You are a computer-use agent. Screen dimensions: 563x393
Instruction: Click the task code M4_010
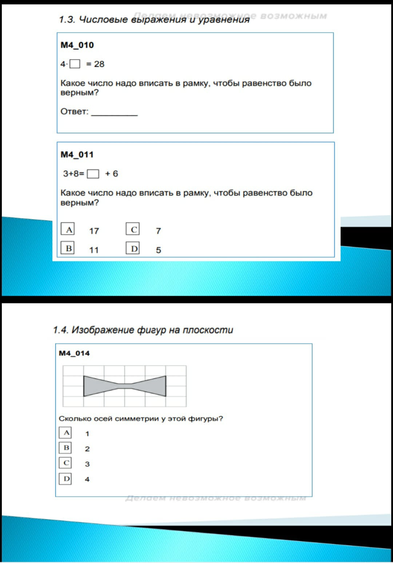77,45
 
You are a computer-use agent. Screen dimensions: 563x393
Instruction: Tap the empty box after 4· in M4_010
75,64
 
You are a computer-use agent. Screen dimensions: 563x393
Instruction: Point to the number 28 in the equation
99,64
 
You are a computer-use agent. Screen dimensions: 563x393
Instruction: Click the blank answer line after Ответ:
114,113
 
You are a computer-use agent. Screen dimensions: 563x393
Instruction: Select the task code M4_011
77,154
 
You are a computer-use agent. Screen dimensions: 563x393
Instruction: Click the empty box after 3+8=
93,174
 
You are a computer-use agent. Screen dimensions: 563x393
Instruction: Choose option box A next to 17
68,229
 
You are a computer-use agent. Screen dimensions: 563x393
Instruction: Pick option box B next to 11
68,248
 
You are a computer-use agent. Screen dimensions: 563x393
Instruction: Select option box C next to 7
133,229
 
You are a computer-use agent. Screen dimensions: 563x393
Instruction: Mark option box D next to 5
133,249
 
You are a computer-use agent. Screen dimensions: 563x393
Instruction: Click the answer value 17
94,231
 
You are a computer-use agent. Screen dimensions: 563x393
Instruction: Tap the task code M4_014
74,353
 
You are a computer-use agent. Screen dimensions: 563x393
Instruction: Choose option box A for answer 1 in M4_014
65,433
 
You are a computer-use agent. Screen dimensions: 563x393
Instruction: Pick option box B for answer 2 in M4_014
65,448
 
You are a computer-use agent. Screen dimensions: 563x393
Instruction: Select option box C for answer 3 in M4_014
65,463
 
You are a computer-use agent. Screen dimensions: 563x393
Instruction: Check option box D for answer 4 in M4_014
65,479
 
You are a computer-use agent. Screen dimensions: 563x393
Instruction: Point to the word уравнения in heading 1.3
223,19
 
